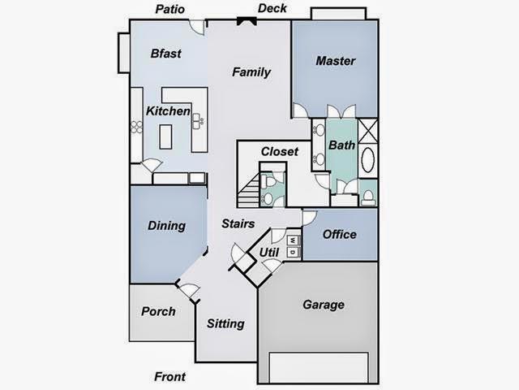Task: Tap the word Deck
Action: pos(272,9)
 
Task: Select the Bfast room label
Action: pos(165,54)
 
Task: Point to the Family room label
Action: pos(251,71)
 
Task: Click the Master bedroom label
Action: pos(336,61)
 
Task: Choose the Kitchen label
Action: pos(168,111)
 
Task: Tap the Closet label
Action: pos(280,151)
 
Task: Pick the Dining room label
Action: pos(166,226)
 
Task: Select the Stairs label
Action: pos(238,223)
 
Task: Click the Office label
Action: pos(340,234)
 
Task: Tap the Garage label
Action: pos(324,305)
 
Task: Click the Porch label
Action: pos(158,311)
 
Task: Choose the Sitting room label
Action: pos(225,323)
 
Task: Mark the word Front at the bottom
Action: pos(169,377)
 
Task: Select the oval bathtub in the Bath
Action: pos(367,160)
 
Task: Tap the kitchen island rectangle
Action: pos(166,136)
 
